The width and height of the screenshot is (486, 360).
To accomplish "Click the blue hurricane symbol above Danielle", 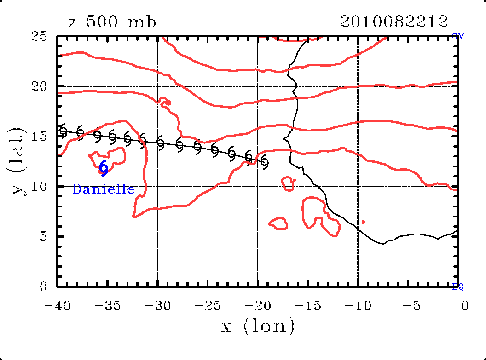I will coord(104,168).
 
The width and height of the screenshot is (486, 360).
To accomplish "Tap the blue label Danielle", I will coord(104,189).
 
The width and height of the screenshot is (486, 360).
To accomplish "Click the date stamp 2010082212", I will coord(393,21).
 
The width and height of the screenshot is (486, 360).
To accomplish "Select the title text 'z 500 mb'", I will coord(112,22).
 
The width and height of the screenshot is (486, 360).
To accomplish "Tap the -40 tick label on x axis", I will coord(57,306).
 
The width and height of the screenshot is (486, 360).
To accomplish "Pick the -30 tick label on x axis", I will coord(157,306).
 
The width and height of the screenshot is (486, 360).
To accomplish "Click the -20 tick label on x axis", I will coord(257,306).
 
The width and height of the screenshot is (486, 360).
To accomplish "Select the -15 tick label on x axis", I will coord(307,306).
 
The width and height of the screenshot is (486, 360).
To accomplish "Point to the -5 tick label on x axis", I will coord(407,306).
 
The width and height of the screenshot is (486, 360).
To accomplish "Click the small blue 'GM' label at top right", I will coord(458,36).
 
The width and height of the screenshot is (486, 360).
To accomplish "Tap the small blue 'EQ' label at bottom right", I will coord(458,287).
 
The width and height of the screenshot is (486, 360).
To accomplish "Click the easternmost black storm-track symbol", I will coord(265,162).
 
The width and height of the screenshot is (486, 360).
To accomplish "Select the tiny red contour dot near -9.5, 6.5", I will coord(363,222).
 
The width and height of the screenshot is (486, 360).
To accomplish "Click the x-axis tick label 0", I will coord(465,306).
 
